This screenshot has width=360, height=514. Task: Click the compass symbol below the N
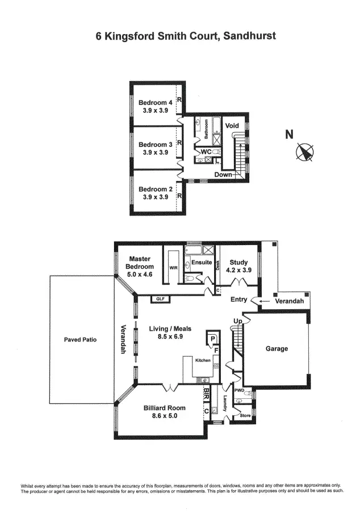(305, 153)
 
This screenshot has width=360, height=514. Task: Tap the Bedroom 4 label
(155, 103)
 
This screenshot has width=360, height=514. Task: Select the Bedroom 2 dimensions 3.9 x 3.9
(155, 197)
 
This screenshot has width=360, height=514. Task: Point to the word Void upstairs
(232, 125)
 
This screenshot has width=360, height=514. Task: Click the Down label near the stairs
(223, 175)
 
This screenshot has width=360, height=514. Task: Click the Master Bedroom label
(139, 263)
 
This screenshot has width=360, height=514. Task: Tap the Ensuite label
(201, 263)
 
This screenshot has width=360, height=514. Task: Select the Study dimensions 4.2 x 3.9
(238, 271)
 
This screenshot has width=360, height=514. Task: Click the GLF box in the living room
(160, 299)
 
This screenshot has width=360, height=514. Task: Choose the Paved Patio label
(81, 340)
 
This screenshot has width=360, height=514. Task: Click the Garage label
(277, 349)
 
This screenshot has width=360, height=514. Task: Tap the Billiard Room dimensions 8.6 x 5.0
(165, 416)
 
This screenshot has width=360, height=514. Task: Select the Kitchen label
(203, 361)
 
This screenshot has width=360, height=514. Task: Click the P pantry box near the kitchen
(212, 339)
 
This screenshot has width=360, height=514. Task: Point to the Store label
(245, 416)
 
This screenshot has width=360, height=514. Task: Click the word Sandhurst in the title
(250, 36)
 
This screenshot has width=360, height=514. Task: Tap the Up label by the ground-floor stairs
(237, 322)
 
